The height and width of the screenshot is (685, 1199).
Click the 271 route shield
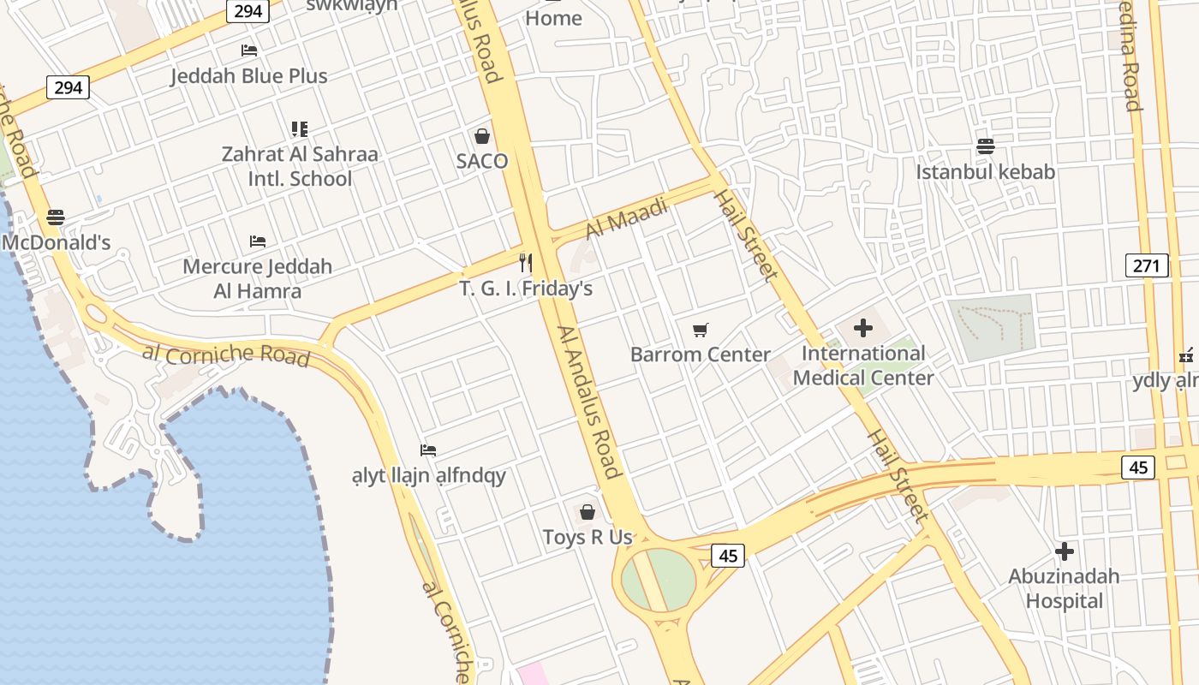pyautogui.click(x=1147, y=265)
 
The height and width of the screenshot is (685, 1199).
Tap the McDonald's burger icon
pyautogui.click(x=56, y=217)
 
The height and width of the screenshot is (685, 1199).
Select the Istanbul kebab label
pyautogui.click(x=985, y=172)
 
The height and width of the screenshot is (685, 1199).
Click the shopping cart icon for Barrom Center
pyautogui.click(x=701, y=330)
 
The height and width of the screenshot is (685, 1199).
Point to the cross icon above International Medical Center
pyautogui.click(x=863, y=328)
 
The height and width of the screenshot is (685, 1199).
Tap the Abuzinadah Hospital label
pyautogui.click(x=1064, y=588)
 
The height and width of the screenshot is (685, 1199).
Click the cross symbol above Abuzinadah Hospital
pyautogui.click(x=1065, y=551)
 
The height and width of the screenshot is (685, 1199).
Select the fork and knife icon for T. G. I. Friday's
pyautogui.click(x=526, y=263)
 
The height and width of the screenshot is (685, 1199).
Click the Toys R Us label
pyautogui.click(x=588, y=538)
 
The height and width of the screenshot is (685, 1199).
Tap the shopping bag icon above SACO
pyautogui.click(x=482, y=136)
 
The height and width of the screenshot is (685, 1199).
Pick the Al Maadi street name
pyautogui.click(x=626, y=218)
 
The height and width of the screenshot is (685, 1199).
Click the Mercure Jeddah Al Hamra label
pyautogui.click(x=257, y=278)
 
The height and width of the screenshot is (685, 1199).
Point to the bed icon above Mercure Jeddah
pyautogui.click(x=257, y=241)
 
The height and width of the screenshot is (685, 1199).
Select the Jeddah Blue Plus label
pyautogui.click(x=248, y=76)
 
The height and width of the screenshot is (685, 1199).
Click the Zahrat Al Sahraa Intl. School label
pyautogui.click(x=300, y=167)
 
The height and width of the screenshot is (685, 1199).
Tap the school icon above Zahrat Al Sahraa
pyautogui.click(x=299, y=129)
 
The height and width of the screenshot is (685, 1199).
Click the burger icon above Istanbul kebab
pyautogui.click(x=985, y=146)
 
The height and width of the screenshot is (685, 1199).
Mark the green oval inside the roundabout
pyautogui.click(x=658, y=580)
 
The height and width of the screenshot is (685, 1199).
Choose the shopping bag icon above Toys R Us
pyautogui.click(x=588, y=512)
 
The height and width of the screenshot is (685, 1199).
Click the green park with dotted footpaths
pyautogui.click(x=992, y=327)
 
